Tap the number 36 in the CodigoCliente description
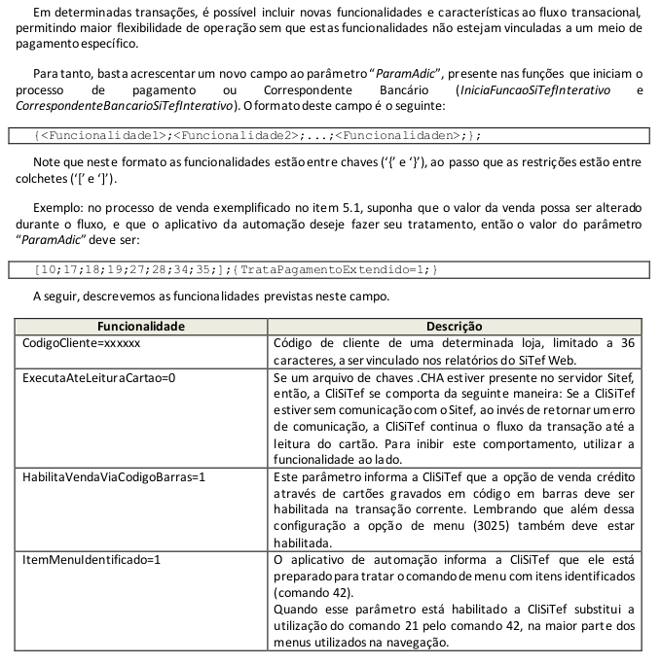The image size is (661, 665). click(627, 343)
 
